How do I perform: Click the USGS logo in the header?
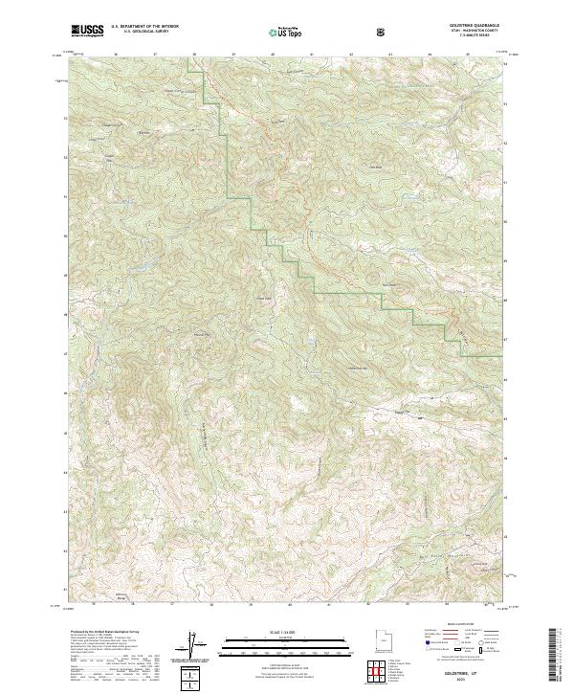87,32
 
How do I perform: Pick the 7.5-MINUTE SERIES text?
478,37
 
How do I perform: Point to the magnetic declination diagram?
191,643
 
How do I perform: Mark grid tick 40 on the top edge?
272,55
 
